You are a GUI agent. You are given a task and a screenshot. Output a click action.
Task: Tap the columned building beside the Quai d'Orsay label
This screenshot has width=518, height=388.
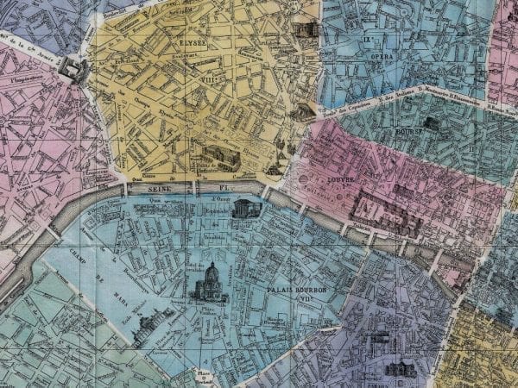click(x=244, y=207)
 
